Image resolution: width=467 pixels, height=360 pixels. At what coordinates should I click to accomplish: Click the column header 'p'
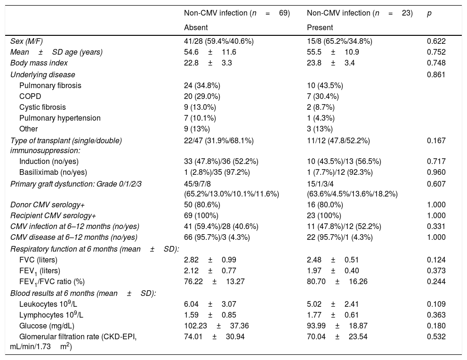[x=429, y=14]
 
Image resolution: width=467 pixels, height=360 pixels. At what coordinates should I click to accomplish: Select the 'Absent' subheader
[x=195, y=27]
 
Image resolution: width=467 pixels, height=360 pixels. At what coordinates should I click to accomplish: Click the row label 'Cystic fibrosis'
[x=42, y=107]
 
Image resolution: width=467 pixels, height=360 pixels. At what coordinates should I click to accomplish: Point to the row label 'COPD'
[x=30, y=96]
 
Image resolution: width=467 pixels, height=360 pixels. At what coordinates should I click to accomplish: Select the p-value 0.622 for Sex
[x=436, y=41]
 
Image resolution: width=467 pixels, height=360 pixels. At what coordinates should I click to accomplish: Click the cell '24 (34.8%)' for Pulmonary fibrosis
[x=202, y=85]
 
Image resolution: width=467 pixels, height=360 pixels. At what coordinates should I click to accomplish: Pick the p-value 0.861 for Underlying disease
[x=436, y=74]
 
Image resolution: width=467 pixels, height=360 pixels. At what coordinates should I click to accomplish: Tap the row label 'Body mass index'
[x=39, y=63]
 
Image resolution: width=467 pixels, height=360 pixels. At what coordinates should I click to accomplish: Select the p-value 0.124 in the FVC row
[x=436, y=260]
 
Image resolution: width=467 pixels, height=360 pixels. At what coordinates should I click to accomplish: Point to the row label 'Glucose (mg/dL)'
[x=47, y=326]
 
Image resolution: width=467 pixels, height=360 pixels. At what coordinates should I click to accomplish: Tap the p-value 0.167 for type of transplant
[x=436, y=140]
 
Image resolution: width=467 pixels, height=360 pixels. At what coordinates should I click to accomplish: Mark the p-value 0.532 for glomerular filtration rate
[x=436, y=336]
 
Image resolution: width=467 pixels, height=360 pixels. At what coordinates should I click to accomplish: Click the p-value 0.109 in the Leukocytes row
[x=436, y=304]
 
